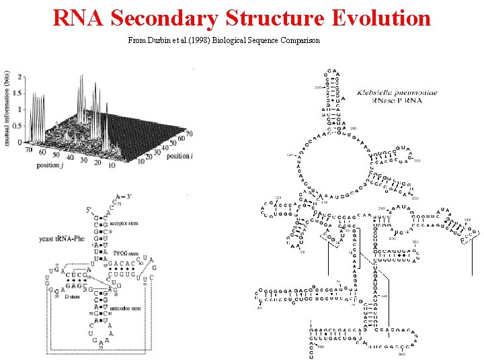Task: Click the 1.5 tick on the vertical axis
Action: (19, 93)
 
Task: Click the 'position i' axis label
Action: (177, 155)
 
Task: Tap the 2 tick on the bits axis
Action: (20, 77)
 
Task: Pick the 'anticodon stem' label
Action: (126, 308)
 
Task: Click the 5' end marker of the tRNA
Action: (88, 210)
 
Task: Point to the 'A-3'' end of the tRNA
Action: (123, 197)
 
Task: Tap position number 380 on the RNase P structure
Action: (321, 347)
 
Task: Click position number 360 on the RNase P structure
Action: (402, 354)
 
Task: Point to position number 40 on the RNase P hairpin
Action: (259, 308)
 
